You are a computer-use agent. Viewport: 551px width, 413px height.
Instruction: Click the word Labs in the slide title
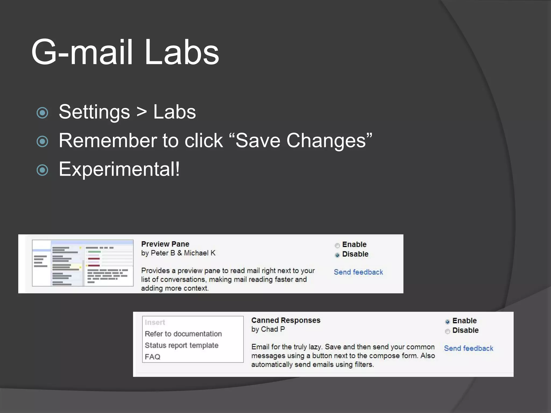(182, 52)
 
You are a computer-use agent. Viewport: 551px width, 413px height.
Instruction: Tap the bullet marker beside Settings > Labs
(42, 113)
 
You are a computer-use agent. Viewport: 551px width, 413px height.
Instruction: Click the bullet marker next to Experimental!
(42, 170)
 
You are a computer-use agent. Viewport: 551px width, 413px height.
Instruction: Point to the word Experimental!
(119, 169)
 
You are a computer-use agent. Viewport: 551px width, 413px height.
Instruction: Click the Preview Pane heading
(165, 244)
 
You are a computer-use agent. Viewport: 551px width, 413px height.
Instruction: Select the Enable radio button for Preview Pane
(337, 245)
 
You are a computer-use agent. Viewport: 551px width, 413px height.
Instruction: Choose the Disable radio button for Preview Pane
(337, 255)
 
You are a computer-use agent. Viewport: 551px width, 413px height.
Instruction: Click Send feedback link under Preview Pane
(358, 272)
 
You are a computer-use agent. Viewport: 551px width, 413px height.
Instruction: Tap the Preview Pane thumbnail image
(83, 263)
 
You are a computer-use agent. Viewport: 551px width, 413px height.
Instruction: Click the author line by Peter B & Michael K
(178, 253)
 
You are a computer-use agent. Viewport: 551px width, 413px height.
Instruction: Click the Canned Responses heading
(286, 320)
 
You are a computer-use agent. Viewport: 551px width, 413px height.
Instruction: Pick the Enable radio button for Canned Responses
(447, 322)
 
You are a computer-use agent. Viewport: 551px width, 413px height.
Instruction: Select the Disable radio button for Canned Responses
(447, 331)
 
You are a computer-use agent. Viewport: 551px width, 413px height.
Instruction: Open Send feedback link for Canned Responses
(468, 348)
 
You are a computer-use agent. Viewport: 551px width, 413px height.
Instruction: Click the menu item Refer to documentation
(183, 334)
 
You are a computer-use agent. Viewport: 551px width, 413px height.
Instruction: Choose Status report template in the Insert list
(182, 346)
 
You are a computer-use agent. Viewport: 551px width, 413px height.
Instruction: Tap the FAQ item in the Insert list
(153, 357)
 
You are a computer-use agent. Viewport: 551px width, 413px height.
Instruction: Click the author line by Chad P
(268, 329)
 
